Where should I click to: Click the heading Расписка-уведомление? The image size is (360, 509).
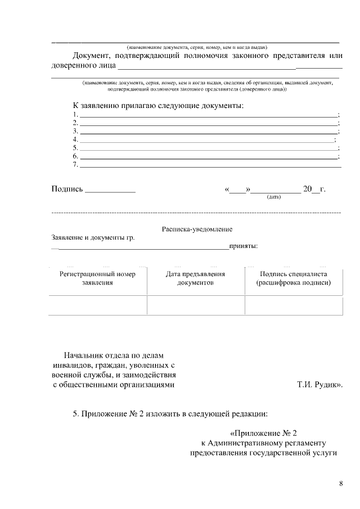(197, 229)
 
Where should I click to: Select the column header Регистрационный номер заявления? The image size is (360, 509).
(98, 278)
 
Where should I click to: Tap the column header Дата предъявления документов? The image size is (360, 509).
(195, 278)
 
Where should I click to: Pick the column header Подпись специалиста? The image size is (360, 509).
(293, 278)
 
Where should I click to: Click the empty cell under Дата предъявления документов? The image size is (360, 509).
(195, 305)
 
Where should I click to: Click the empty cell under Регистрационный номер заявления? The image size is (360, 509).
(98, 305)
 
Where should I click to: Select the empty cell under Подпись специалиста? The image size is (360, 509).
(293, 305)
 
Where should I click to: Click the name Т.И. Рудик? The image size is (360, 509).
(318, 385)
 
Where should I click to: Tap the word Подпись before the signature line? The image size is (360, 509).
(67, 189)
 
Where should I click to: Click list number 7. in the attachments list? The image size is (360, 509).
(75, 164)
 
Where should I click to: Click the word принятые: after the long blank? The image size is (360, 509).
(244, 246)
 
